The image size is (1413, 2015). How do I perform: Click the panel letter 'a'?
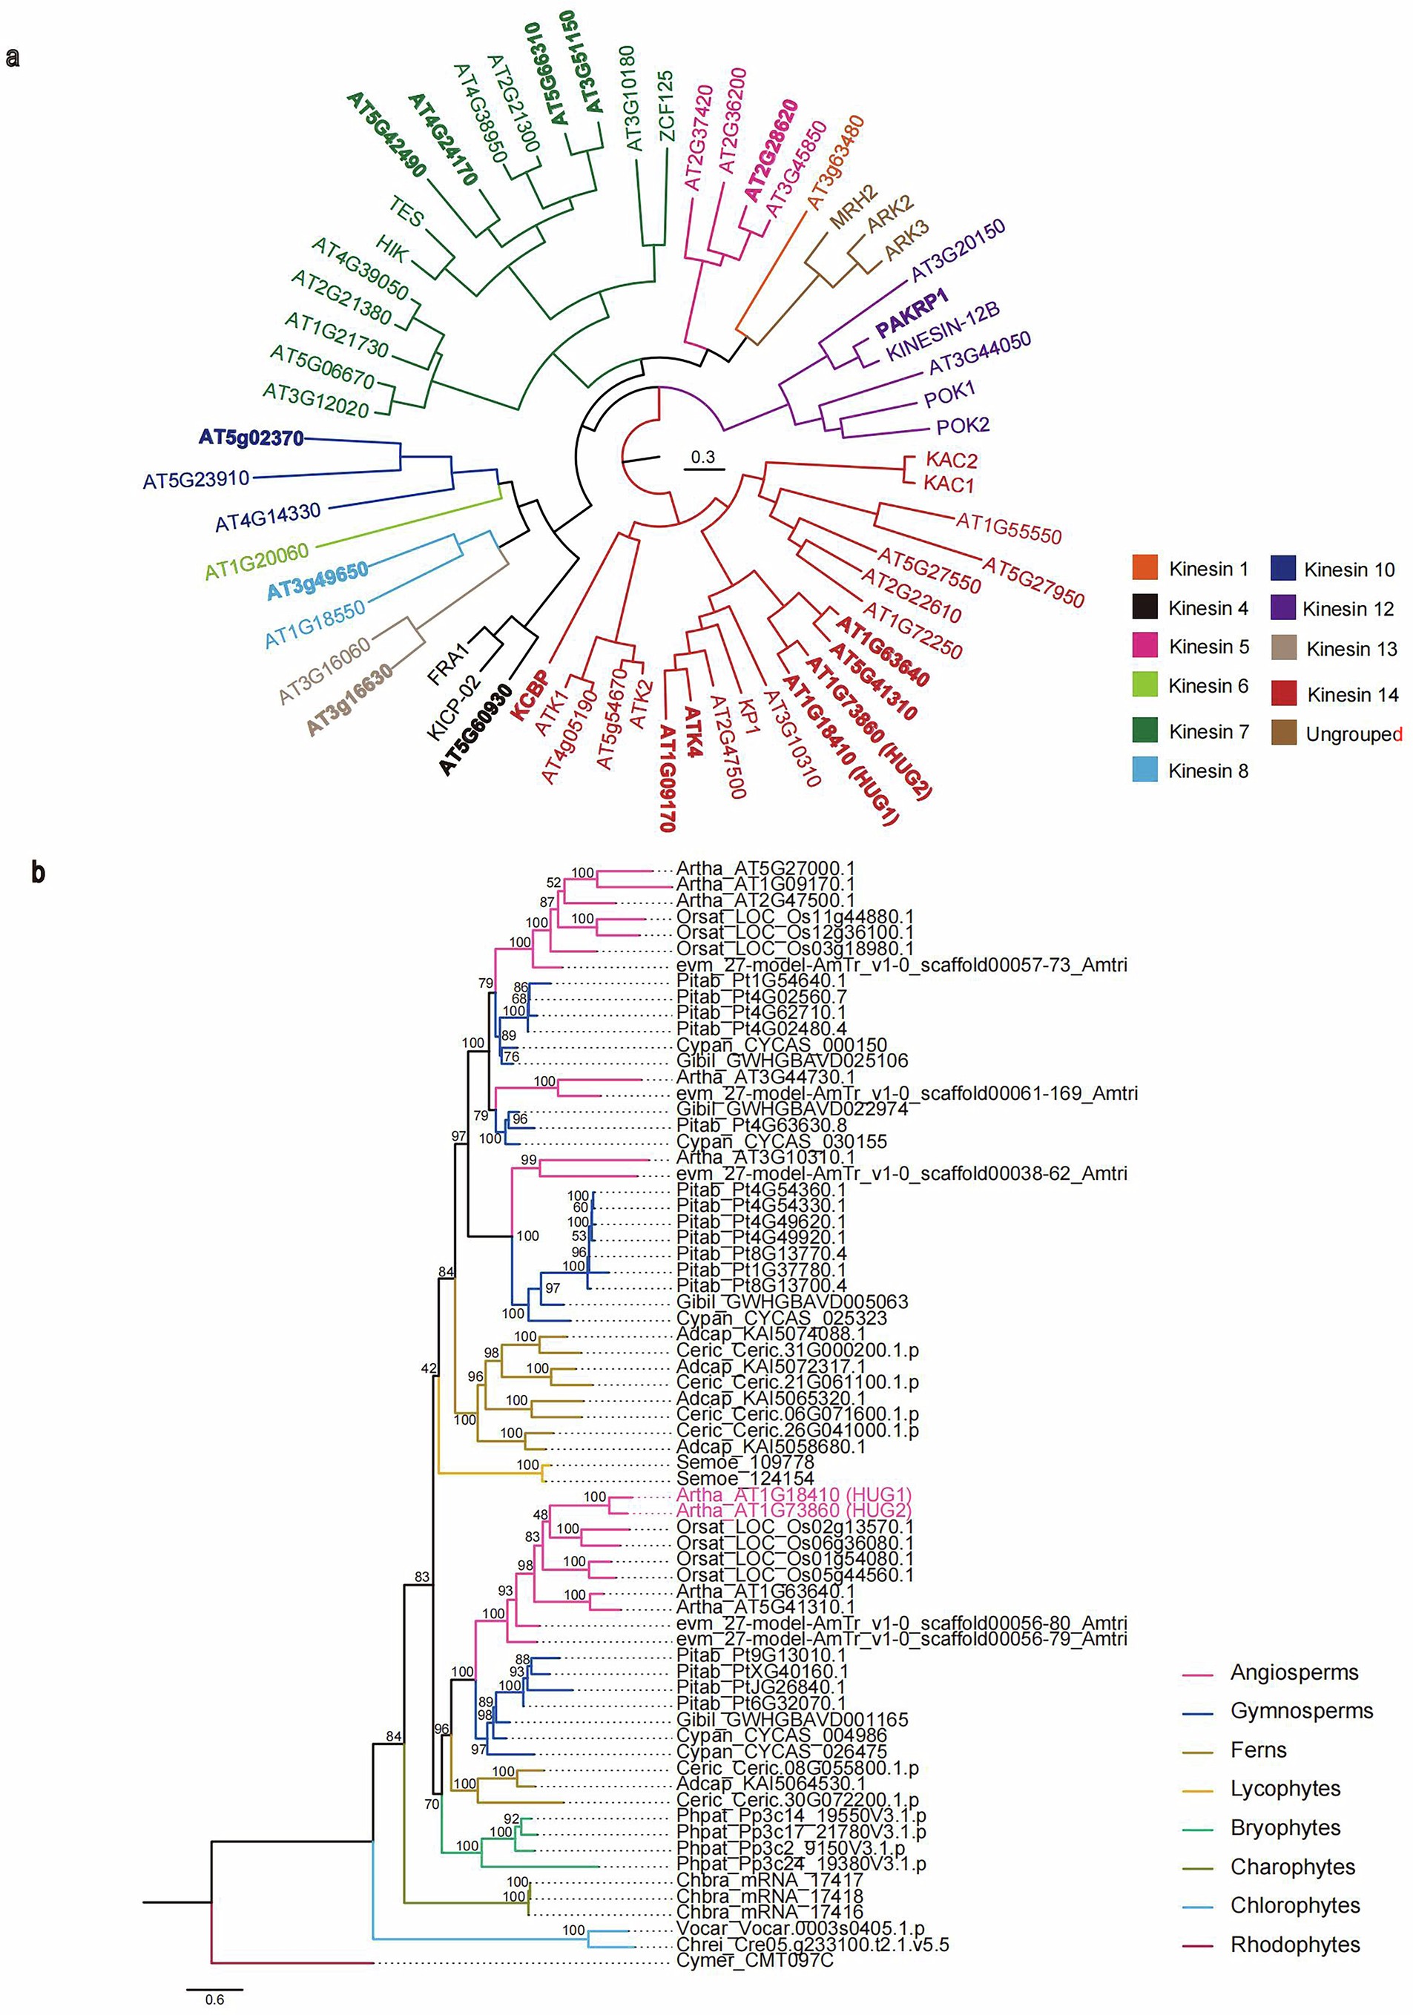click(x=13, y=58)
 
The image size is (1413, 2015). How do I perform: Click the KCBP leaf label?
click(x=530, y=695)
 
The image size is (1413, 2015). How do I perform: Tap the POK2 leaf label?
click(x=963, y=426)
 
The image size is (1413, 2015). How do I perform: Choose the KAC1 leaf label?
click(x=949, y=484)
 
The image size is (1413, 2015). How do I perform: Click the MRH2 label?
click(x=852, y=207)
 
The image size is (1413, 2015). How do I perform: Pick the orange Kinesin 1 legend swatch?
click(x=1144, y=568)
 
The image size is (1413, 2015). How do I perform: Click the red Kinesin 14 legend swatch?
click(x=1284, y=693)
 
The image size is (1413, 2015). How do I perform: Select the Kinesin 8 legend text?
click(x=1208, y=771)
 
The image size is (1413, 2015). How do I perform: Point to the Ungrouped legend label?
click(x=1352, y=733)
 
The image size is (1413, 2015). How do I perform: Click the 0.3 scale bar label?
click(x=703, y=456)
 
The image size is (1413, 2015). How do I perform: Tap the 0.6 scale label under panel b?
click(x=214, y=1999)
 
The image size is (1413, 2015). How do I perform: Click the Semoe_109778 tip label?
click(x=744, y=1462)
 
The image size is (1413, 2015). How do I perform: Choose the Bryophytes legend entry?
click(x=1285, y=1827)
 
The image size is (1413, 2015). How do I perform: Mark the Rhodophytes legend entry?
click(x=1294, y=1944)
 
